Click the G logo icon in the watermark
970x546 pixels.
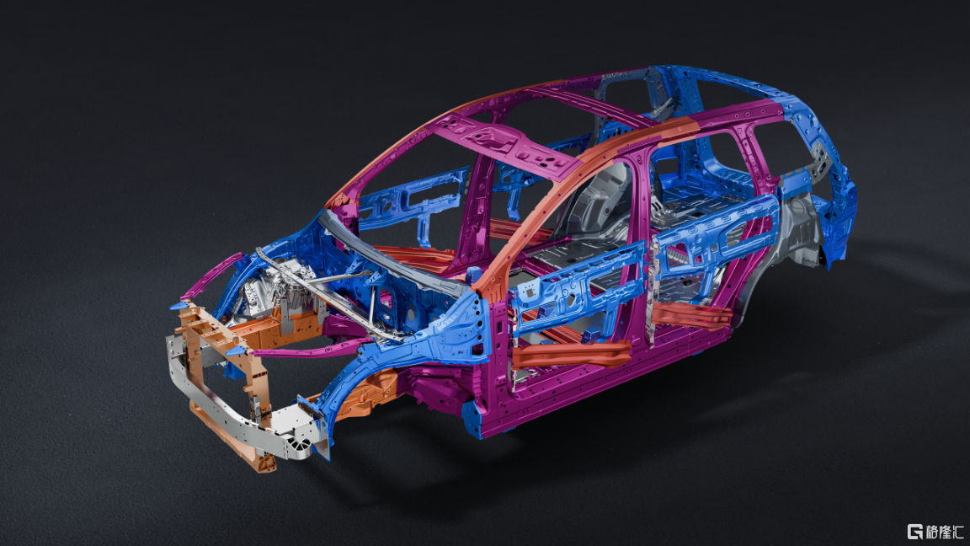click(x=915, y=531)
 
